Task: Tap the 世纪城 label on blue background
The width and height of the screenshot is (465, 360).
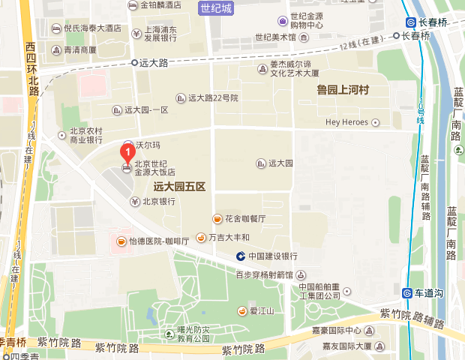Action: tap(217, 8)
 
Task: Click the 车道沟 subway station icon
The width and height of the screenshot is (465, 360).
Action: tap(406, 292)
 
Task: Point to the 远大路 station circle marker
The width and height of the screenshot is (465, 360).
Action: tap(134, 64)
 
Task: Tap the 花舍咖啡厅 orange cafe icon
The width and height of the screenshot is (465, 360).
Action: tap(217, 218)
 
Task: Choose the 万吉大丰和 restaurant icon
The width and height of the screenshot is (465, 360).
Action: tap(201, 238)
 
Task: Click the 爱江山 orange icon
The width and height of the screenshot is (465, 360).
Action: tap(242, 310)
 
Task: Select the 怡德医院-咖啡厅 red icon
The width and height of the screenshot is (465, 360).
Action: tap(120, 241)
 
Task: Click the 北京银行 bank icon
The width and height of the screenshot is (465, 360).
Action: tap(135, 201)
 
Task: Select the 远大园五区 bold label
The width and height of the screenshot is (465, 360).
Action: tap(179, 185)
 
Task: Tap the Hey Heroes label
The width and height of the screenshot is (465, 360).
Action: tap(347, 122)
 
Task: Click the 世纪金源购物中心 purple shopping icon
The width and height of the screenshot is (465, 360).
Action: tap(281, 20)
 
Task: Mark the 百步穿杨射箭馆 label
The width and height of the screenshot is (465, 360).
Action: tap(262, 274)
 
